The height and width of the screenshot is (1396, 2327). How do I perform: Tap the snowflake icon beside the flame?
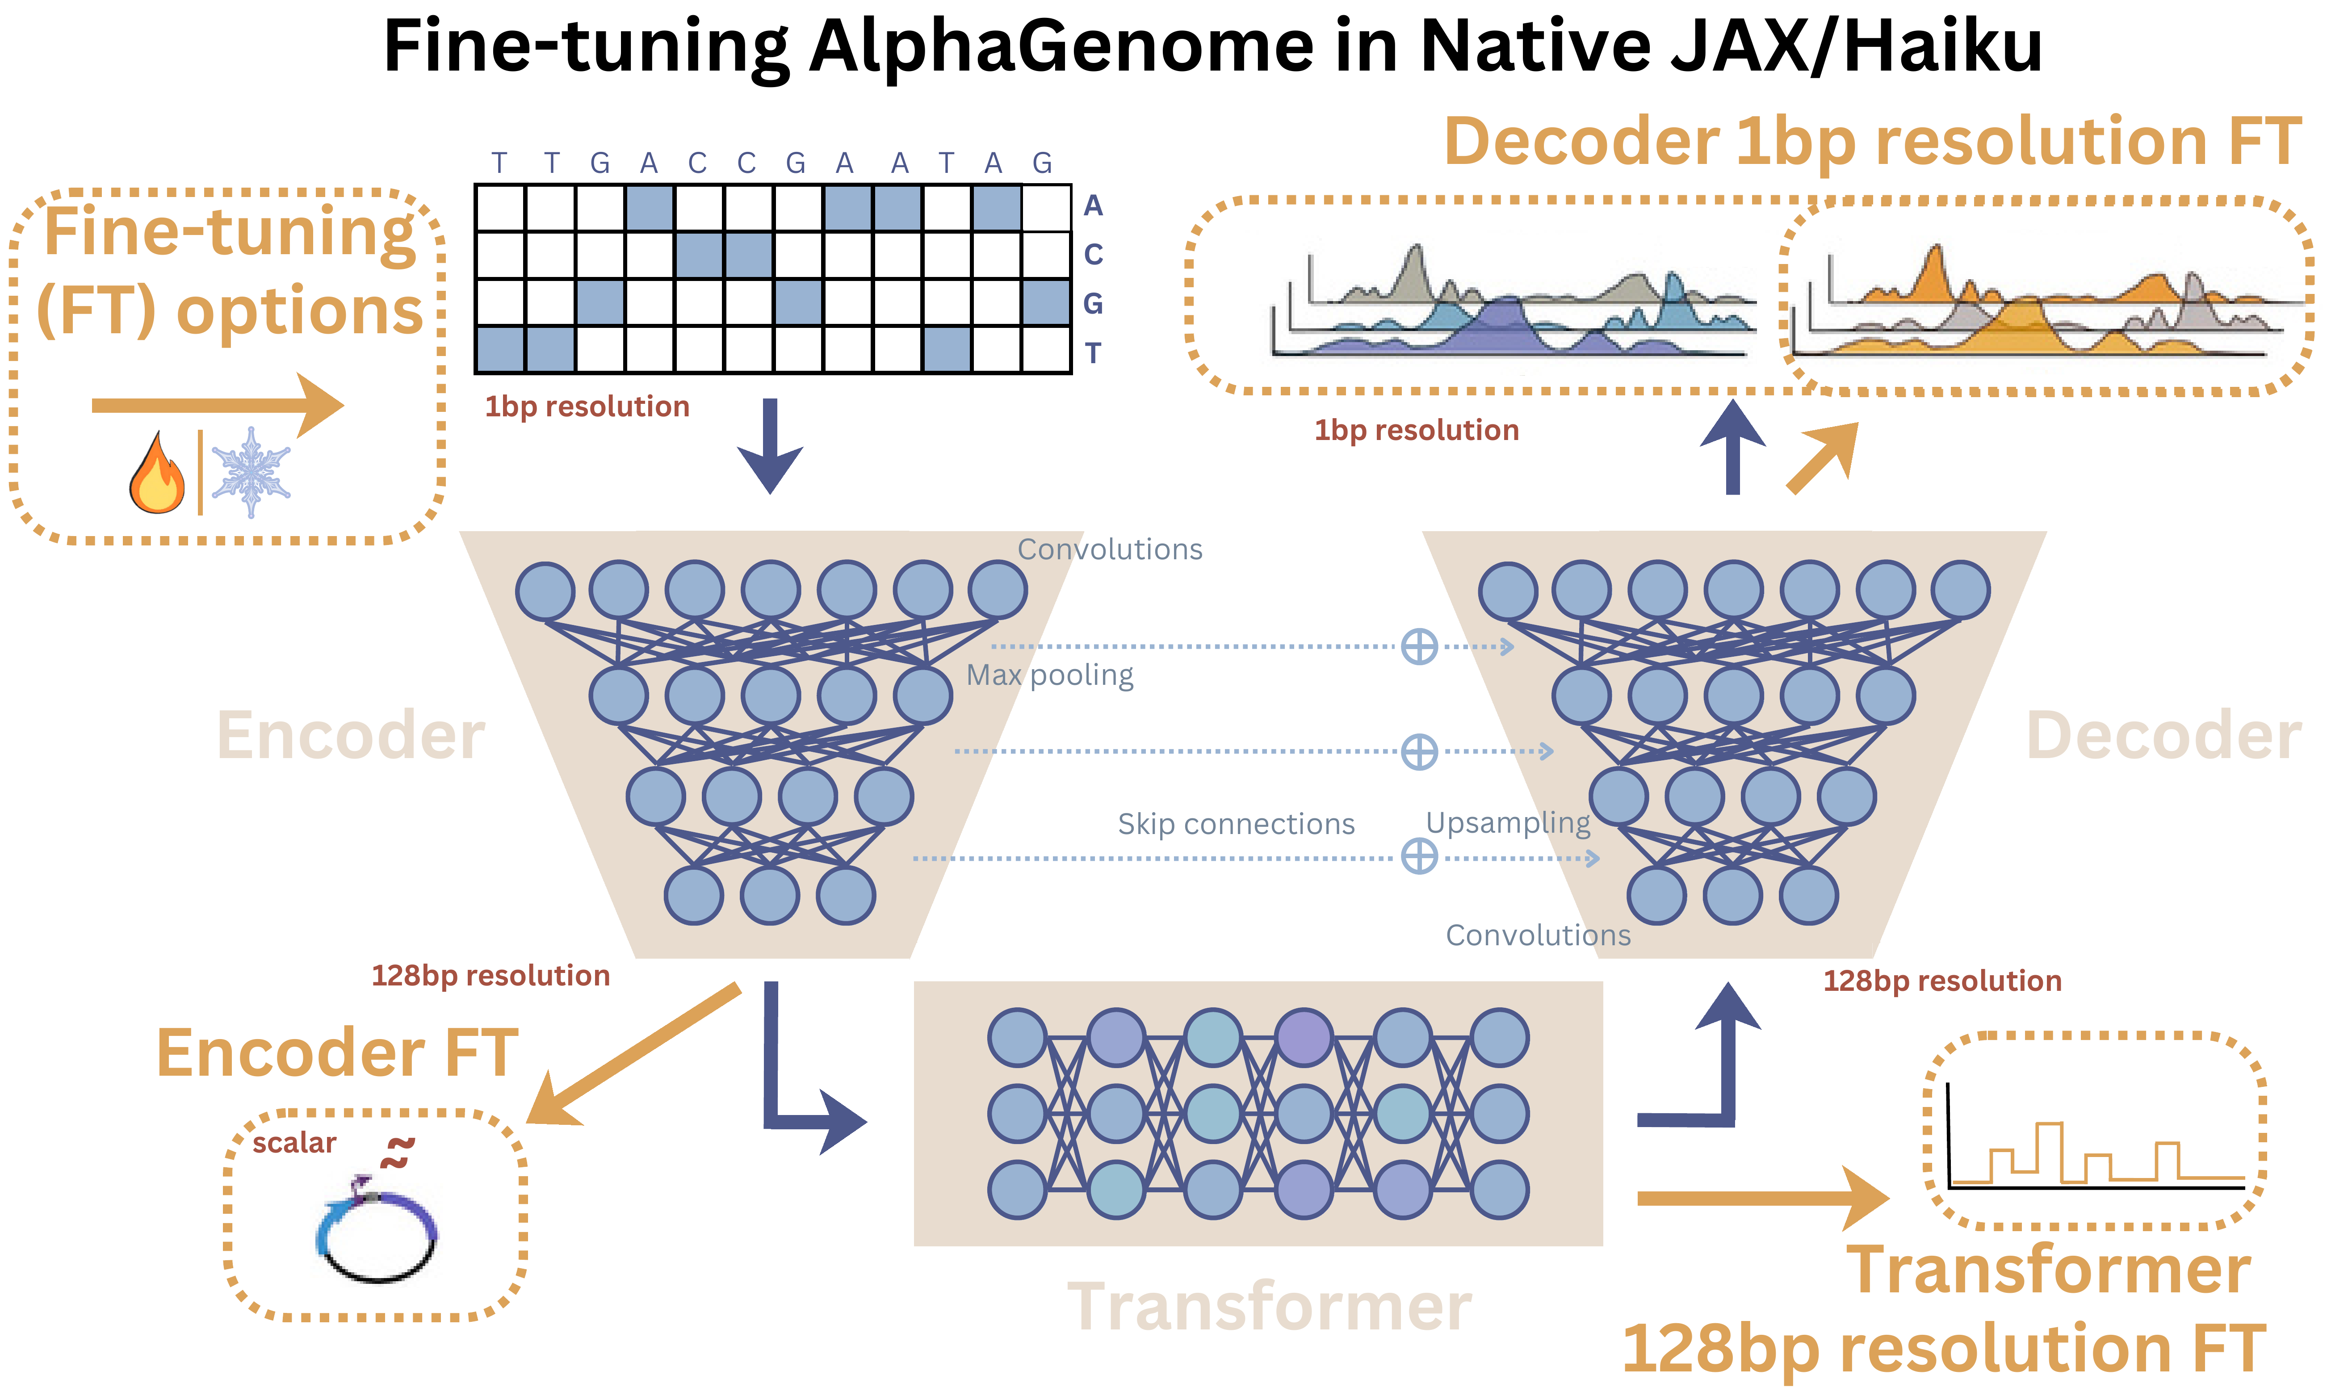[x=250, y=472]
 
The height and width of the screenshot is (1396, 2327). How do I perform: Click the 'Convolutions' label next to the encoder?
[x=1110, y=549]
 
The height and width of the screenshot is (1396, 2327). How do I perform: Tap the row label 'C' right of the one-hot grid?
[x=1093, y=255]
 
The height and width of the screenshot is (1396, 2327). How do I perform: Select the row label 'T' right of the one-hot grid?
[x=1093, y=354]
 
